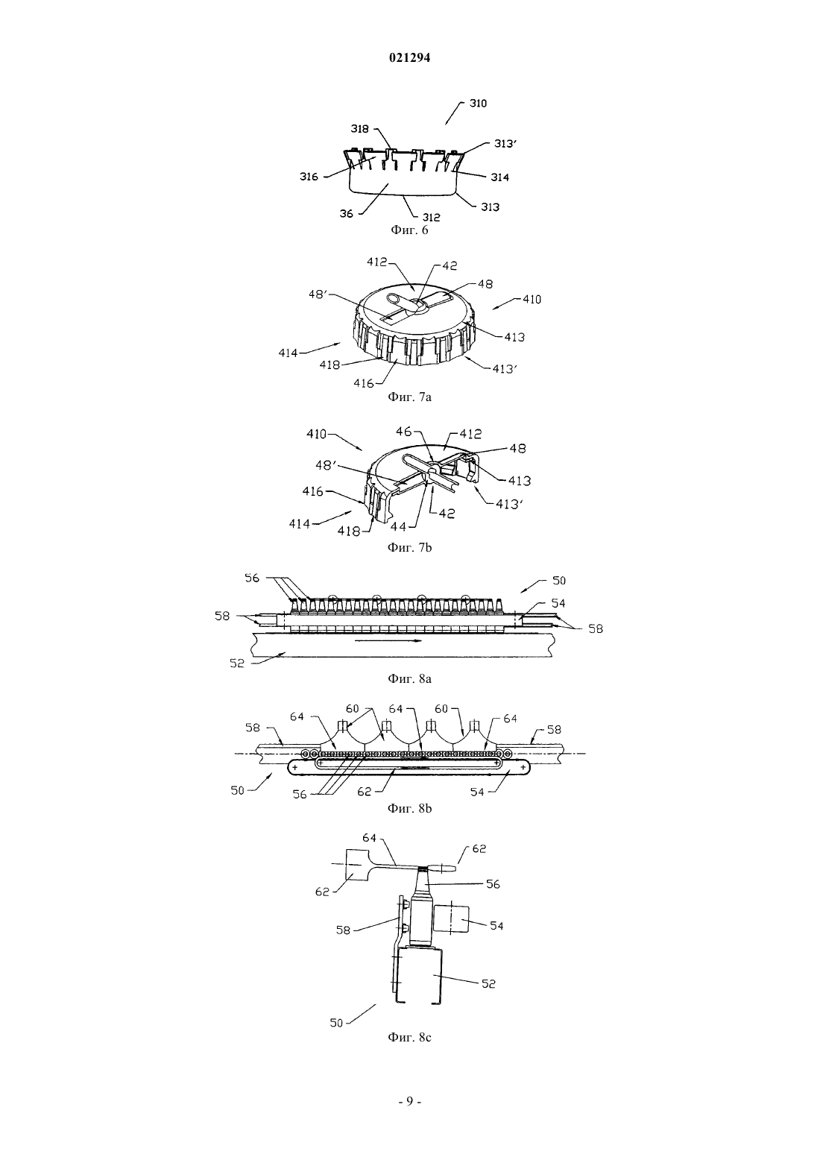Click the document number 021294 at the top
point(409,58)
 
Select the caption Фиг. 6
point(409,230)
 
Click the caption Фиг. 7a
point(409,397)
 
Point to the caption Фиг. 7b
point(409,547)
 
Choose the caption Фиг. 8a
point(409,678)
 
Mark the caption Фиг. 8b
point(409,808)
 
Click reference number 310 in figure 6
point(478,104)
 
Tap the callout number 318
point(360,129)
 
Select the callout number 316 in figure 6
point(309,177)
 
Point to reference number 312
point(431,218)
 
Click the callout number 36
point(347,213)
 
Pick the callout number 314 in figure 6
point(500,177)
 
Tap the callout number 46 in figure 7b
point(404,432)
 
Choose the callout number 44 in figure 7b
point(398,526)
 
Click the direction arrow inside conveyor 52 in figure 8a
point(388,640)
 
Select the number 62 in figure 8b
point(365,791)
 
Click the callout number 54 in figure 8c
point(496,925)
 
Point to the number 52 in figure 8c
point(489,983)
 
